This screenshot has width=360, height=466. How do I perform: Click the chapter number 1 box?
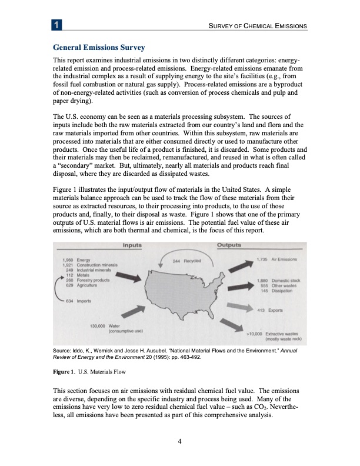click(x=55, y=25)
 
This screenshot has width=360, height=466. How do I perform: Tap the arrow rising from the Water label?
click(x=135, y=313)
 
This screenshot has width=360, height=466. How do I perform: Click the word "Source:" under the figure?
click(x=63, y=351)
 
